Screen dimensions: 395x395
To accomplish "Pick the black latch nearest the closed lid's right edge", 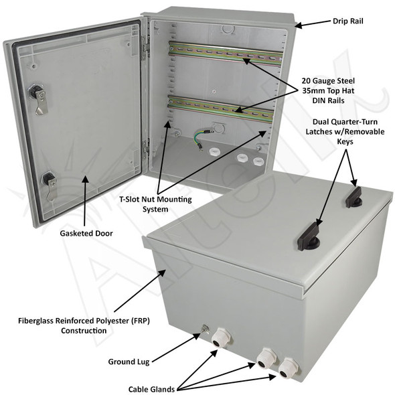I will point(355,192).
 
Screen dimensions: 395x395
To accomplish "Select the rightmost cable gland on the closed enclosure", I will point(289,367).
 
